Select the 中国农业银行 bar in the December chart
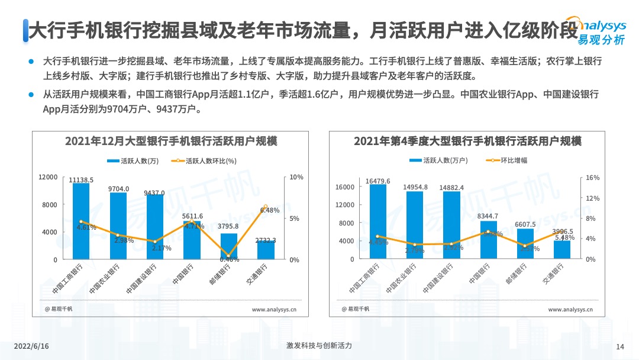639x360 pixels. [x=118, y=226]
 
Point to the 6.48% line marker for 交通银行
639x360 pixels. [x=265, y=206]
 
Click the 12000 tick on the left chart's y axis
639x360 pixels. [x=48, y=177]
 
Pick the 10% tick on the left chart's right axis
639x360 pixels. [x=296, y=177]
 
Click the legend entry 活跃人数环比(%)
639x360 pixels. [x=204, y=161]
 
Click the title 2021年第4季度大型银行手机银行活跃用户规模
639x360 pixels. [x=467, y=142]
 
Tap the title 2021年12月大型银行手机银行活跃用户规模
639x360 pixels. [x=171, y=142]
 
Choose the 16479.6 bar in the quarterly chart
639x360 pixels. [x=377, y=221]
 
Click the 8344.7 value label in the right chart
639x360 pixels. [x=488, y=216]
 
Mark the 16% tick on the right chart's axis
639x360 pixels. [x=592, y=178]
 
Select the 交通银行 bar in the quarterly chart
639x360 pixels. [x=561, y=249]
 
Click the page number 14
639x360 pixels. [x=620, y=346]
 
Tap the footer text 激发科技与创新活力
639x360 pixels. [x=318, y=346]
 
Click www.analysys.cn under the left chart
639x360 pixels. [x=274, y=309]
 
